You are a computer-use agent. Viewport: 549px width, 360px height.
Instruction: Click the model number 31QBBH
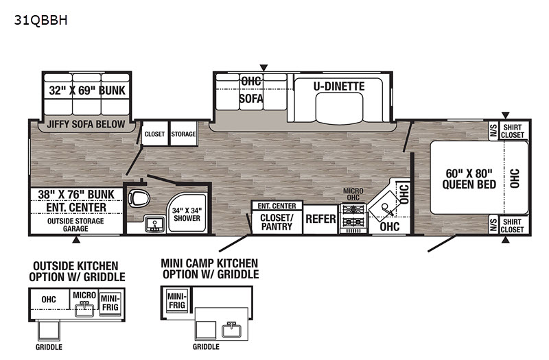click(40, 21)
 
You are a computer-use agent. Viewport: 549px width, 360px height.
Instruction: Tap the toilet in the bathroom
click(139, 199)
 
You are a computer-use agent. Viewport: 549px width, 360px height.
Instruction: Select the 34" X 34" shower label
click(187, 214)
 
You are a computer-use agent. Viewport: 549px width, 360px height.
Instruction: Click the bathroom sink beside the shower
click(154, 224)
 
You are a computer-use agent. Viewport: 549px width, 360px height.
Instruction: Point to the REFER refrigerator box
click(320, 219)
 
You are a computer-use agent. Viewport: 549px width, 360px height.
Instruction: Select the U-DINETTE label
click(339, 86)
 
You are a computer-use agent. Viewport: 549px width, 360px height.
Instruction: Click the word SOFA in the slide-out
click(251, 98)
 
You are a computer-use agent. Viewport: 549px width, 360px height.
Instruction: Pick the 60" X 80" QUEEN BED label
click(469, 178)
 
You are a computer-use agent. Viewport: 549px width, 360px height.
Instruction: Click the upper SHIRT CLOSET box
click(513, 131)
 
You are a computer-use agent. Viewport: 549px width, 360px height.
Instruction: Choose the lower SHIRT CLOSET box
click(513, 225)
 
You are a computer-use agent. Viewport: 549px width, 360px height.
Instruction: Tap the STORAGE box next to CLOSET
click(183, 134)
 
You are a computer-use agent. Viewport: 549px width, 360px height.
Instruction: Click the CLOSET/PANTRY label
click(277, 221)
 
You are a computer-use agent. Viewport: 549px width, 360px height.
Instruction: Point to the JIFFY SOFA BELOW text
click(86, 124)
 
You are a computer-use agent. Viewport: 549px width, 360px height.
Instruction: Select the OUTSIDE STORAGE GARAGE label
click(75, 225)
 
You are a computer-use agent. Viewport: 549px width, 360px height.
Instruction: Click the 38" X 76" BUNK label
click(76, 195)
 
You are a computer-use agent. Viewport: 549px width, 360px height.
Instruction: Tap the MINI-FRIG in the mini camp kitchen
click(177, 301)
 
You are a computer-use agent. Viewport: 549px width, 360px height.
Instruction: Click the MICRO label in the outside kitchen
click(84, 296)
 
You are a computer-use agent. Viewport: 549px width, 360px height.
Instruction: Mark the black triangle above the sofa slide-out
click(264, 67)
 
